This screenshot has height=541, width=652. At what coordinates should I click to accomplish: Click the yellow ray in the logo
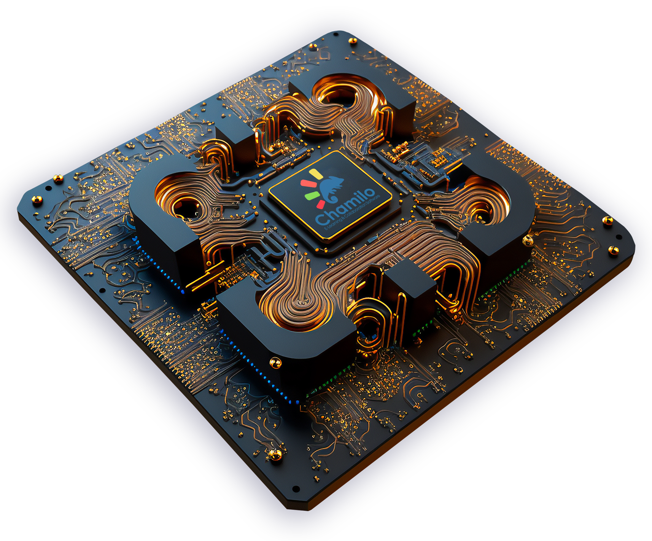316,174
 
